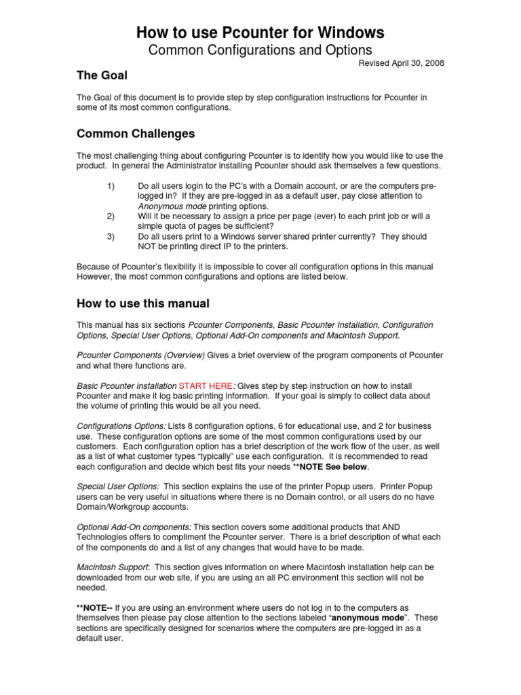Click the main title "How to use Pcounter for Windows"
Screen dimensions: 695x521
pos(260,32)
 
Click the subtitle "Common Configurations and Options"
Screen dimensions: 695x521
pos(260,50)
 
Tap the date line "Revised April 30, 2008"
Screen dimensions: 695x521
pos(401,63)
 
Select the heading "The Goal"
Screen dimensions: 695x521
pos(102,75)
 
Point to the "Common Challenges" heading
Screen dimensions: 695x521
pos(136,134)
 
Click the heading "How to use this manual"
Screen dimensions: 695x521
pos(143,303)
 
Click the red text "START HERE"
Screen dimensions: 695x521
pos(204,386)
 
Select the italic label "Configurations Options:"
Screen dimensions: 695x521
pos(121,426)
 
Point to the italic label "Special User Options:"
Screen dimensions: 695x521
pos(118,487)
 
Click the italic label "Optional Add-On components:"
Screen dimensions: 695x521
pos(134,527)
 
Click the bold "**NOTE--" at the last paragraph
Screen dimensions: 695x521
pos(95,607)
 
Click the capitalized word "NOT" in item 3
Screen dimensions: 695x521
pos(148,246)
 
